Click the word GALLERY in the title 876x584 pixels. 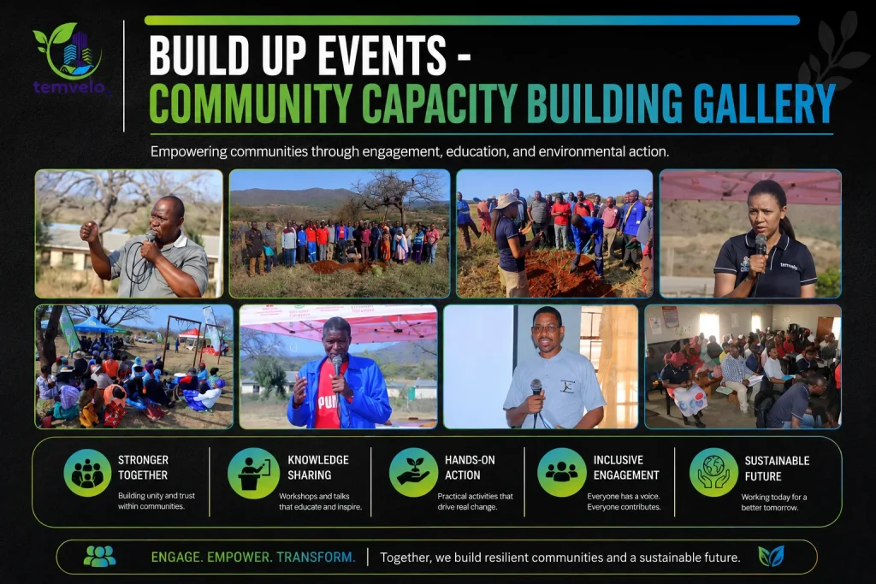click(x=764, y=103)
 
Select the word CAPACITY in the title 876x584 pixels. click(x=440, y=103)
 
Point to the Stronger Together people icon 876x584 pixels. click(x=88, y=473)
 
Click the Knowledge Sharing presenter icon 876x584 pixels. click(x=253, y=473)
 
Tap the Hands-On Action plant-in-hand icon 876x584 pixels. click(x=413, y=472)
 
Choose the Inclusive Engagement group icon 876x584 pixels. click(x=561, y=472)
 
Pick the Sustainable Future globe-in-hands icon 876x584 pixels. click(x=713, y=472)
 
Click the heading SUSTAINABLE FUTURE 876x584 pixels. click(x=777, y=469)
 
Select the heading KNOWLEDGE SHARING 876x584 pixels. click(x=318, y=468)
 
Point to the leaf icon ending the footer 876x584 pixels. click(x=771, y=556)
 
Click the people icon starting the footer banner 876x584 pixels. click(x=99, y=556)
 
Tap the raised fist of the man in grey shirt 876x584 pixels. click(x=89, y=231)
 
